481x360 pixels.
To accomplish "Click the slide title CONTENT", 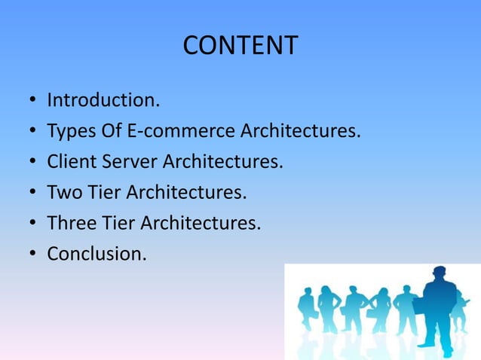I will (240, 45).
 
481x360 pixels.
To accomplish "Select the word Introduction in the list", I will (97, 100).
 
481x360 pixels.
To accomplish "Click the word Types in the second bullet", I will (70, 131).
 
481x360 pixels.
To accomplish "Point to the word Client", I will (70, 162).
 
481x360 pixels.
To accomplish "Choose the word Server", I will (128, 162).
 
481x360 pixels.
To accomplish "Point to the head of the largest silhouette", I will (438, 276).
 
